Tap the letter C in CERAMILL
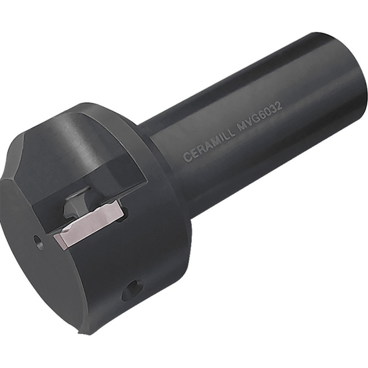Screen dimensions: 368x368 (x=187, y=157)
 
